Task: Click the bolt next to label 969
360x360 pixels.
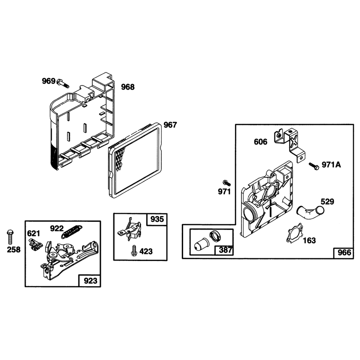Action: (x=63, y=83)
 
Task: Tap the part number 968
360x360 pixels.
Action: (x=128, y=87)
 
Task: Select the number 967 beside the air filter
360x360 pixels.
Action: (x=170, y=125)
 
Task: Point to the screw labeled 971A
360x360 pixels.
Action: (x=314, y=166)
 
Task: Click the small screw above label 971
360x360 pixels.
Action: (x=227, y=183)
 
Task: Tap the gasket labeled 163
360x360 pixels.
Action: (x=294, y=233)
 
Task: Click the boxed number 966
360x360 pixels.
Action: (x=344, y=252)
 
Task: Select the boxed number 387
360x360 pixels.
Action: (x=225, y=250)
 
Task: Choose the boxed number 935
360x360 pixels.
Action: (x=157, y=219)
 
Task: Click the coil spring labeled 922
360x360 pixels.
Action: (x=72, y=232)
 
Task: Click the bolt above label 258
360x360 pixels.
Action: (x=10, y=237)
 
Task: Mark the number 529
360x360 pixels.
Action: (x=327, y=202)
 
